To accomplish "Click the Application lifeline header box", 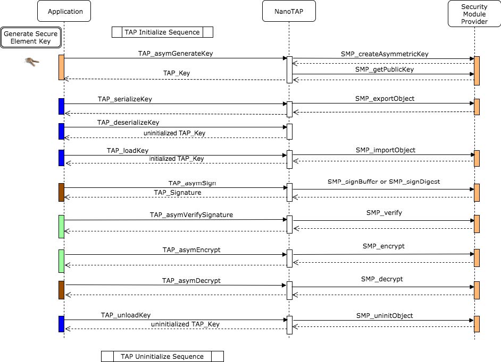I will [64, 11].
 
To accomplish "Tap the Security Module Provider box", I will [474, 14].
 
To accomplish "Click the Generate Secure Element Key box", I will [31, 37].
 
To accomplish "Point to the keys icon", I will [32, 62].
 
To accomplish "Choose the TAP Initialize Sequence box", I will [162, 32].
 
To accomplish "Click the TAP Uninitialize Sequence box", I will [162, 356].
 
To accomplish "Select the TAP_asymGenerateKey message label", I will [176, 54].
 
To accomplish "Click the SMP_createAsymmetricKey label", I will [385, 54].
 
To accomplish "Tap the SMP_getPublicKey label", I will [385, 69].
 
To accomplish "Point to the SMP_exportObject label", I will [385, 99].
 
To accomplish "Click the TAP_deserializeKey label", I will [128, 123].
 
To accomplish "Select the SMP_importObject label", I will [386, 150].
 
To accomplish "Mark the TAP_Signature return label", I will [178, 193].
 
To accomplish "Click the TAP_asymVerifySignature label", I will [191, 215].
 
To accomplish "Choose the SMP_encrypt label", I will [383, 246].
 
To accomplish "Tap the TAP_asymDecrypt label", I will [191, 280].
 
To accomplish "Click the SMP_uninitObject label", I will [385, 316].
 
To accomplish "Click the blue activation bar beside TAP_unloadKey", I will [61, 324].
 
